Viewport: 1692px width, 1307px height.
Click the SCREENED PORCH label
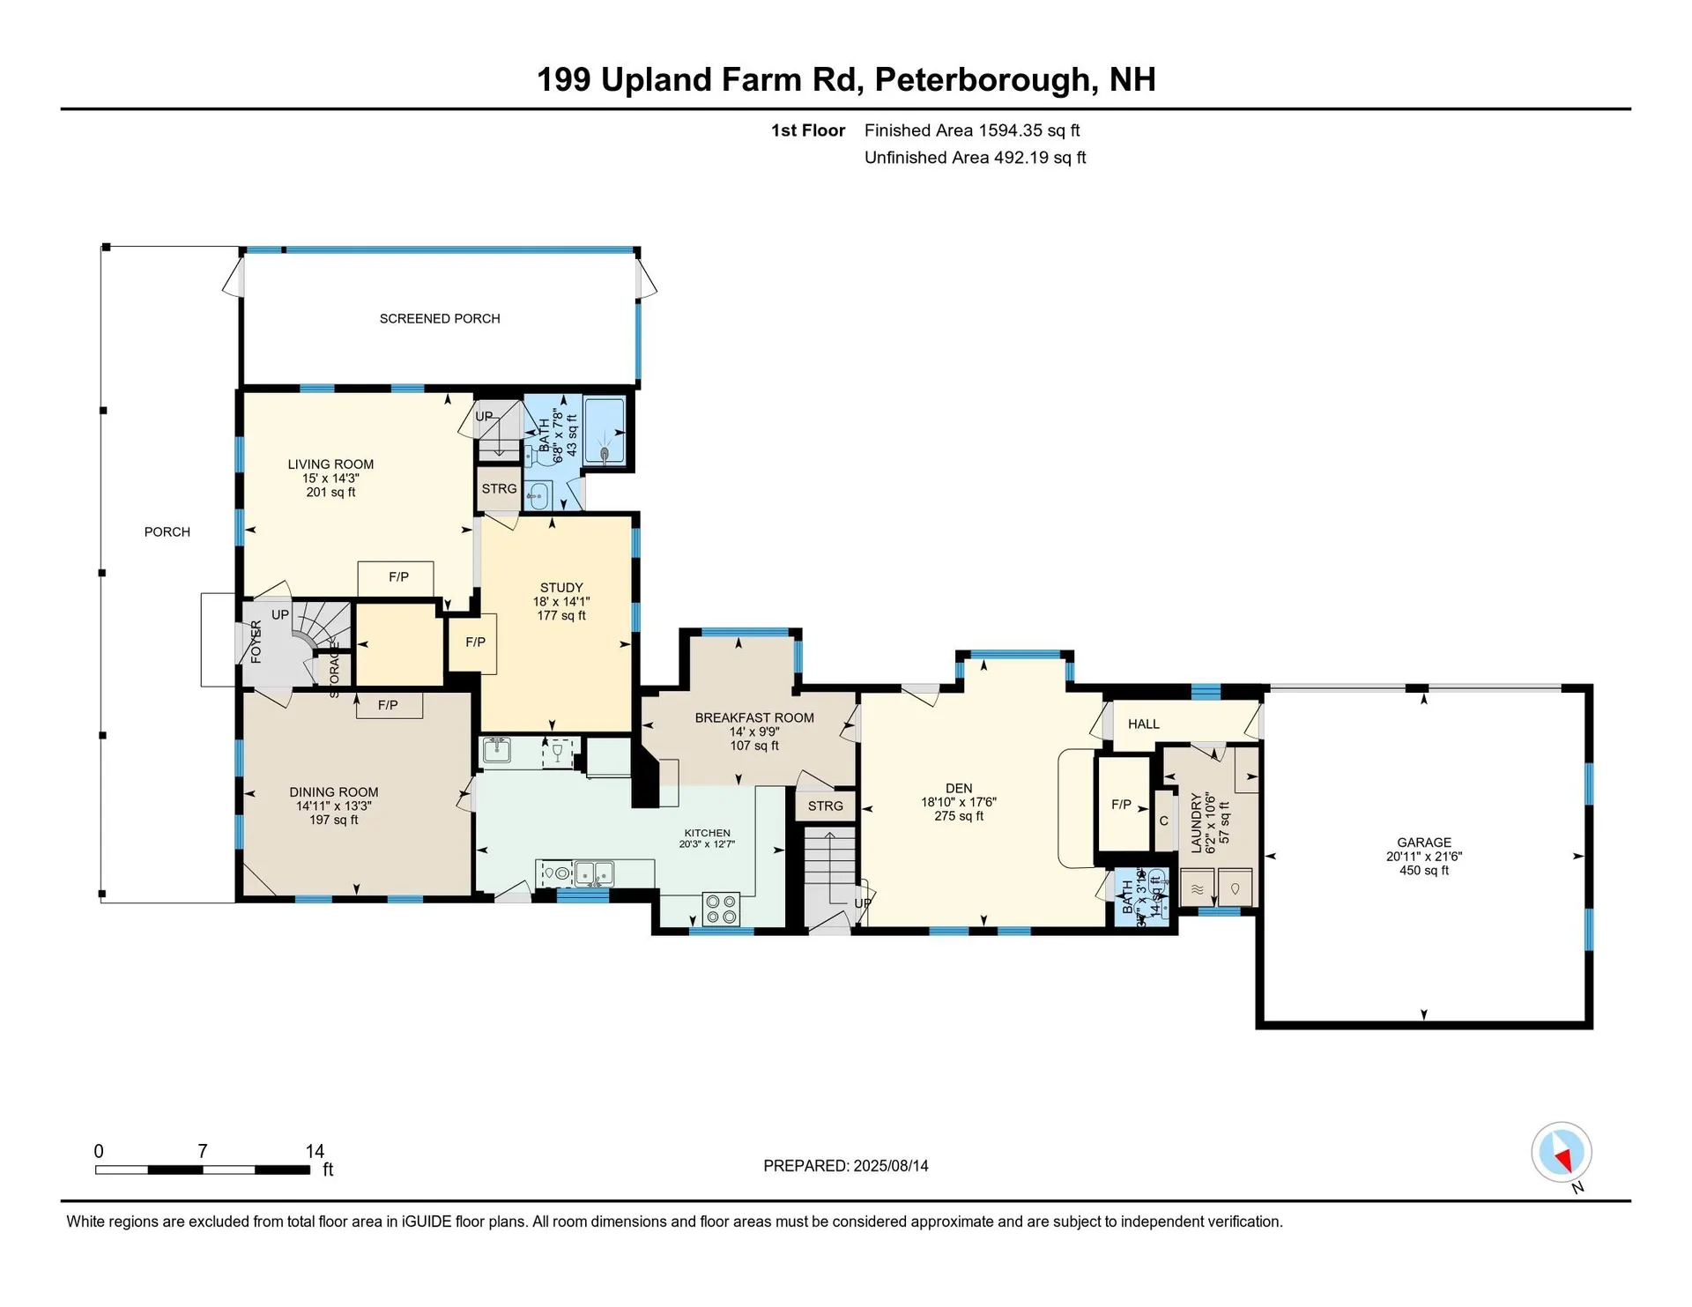point(440,318)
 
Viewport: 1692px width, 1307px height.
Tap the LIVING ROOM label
point(330,464)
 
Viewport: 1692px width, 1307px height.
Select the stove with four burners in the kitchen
point(722,909)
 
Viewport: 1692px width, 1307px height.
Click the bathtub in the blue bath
point(605,433)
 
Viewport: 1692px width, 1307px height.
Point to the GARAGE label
point(1423,843)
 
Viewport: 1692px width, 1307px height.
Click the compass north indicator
point(1562,1153)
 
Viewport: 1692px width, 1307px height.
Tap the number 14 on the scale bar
point(315,1151)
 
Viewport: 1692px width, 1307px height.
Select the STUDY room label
point(561,588)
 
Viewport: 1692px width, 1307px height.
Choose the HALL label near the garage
point(1143,724)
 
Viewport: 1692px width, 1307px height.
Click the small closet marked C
point(1163,821)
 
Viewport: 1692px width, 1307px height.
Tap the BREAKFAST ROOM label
point(754,718)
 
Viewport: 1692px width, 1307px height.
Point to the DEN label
point(959,789)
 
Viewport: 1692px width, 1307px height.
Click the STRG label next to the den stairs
point(825,806)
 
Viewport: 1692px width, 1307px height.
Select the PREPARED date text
point(845,1166)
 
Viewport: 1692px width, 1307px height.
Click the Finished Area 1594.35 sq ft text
point(971,130)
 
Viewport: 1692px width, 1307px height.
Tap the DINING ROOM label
point(334,792)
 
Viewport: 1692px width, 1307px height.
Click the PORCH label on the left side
point(167,532)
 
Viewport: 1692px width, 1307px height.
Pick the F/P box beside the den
point(1122,805)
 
